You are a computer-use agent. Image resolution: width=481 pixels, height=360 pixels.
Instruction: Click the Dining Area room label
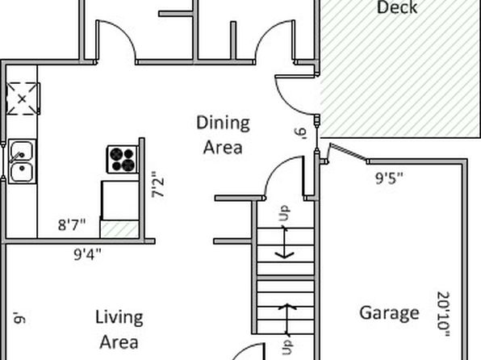223,135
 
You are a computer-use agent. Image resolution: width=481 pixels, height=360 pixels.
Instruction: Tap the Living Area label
119,329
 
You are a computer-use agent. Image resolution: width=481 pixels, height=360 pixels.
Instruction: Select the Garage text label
389,313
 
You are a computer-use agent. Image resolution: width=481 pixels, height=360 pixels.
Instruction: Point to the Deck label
397,6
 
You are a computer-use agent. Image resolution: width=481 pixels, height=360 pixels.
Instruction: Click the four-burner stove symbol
123,159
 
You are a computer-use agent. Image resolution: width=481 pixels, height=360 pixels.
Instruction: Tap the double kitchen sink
22,161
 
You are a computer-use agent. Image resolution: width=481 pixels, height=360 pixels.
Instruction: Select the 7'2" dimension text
157,185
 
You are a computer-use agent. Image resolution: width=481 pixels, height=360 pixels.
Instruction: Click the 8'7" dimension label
72,224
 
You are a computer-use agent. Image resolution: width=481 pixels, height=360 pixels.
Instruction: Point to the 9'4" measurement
87,254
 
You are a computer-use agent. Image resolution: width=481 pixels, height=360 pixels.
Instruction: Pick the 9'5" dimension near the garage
389,178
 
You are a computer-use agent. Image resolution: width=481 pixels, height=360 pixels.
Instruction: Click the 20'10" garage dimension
443,314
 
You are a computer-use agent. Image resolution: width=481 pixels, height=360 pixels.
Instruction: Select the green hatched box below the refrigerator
119,229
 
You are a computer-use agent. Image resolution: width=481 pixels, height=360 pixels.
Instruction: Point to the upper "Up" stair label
284,213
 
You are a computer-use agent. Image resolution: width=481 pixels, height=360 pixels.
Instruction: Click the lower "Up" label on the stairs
287,347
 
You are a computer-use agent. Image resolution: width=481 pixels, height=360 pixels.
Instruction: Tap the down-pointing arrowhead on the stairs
284,254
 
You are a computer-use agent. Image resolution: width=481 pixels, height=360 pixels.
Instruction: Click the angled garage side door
348,152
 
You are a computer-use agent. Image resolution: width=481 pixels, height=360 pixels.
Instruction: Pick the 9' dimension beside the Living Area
20,317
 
